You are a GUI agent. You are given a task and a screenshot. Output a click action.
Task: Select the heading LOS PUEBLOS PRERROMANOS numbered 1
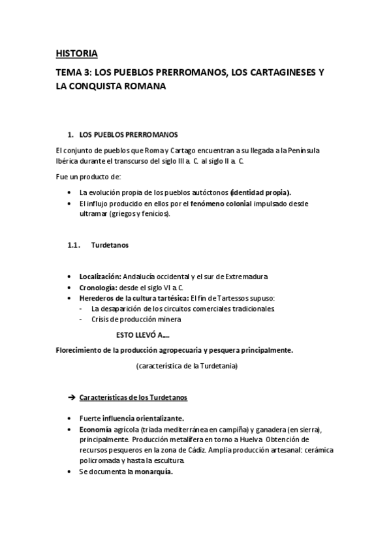(128, 135)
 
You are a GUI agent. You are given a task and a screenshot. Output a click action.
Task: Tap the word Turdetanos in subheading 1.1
(110, 245)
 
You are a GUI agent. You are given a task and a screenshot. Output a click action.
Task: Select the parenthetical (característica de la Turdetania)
(187, 366)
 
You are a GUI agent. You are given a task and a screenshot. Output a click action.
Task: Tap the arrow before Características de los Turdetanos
(72, 397)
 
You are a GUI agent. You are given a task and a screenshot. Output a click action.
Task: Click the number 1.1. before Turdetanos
(73, 245)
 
